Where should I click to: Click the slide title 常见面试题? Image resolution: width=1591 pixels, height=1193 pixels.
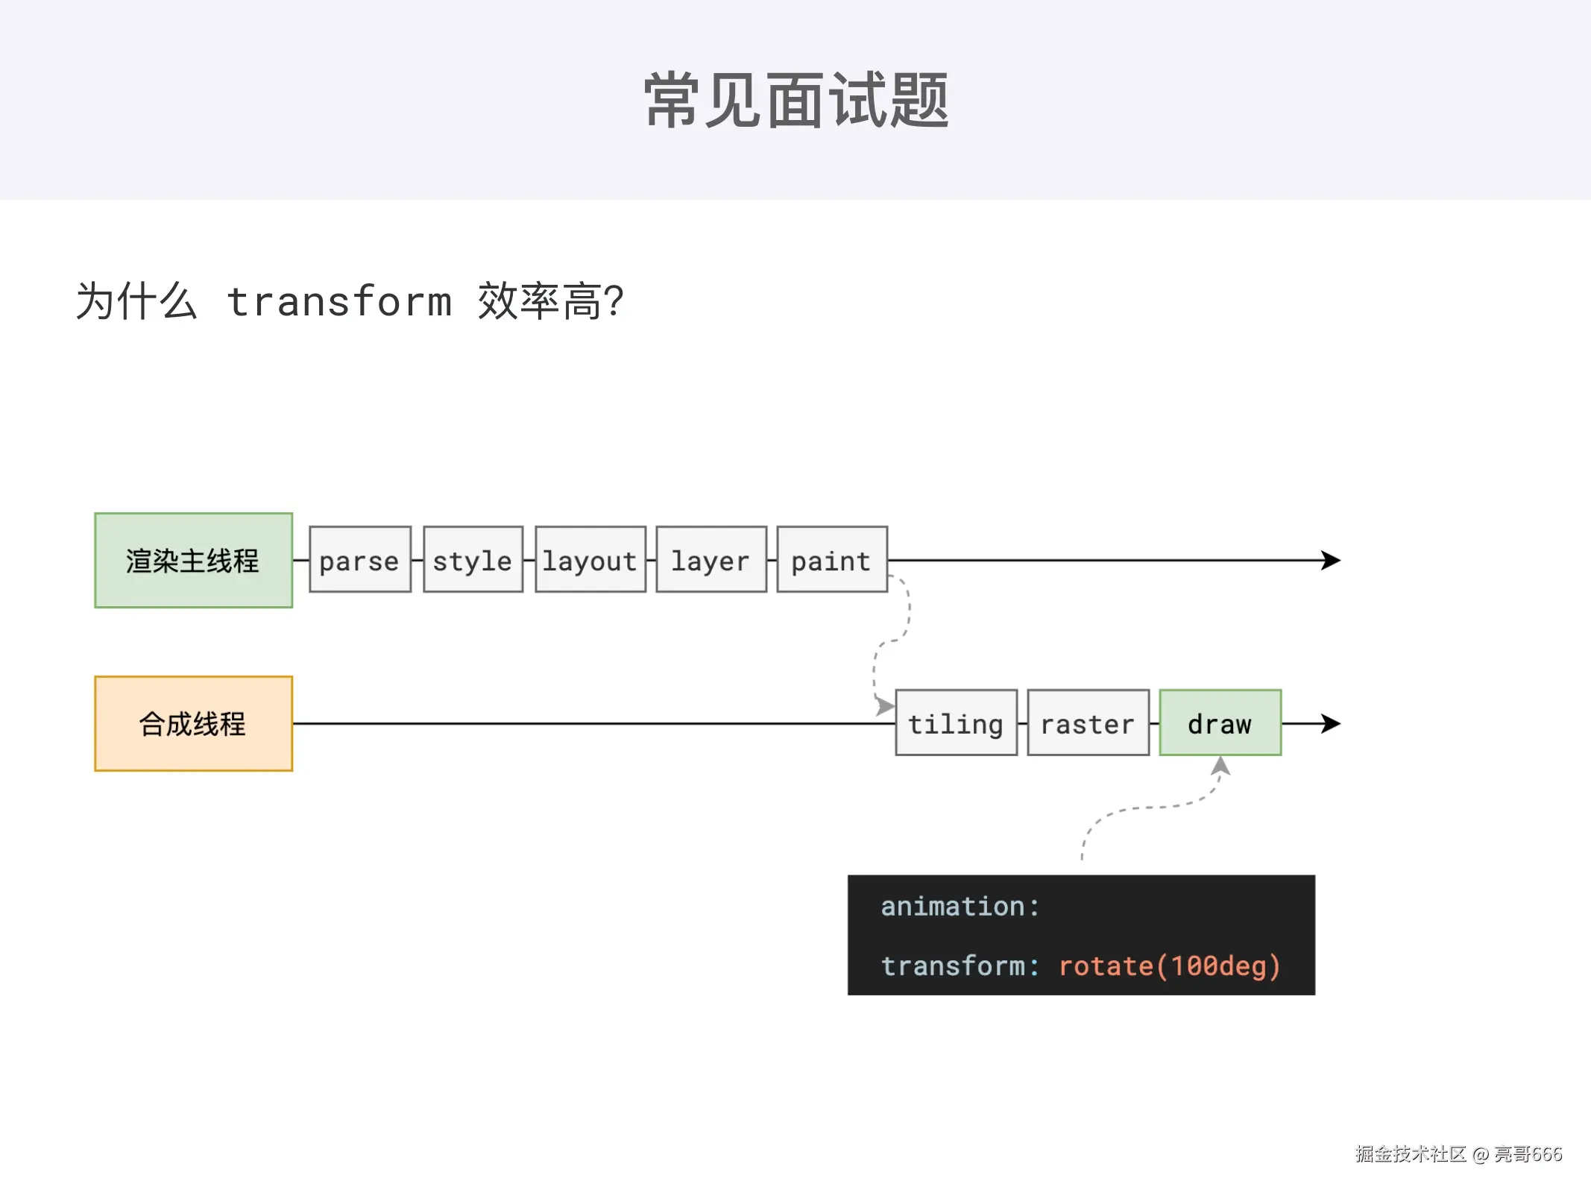click(x=796, y=101)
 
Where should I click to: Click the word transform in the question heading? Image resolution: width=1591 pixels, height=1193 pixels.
click(x=339, y=302)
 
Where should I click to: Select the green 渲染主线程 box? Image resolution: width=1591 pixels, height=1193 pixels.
click(x=193, y=560)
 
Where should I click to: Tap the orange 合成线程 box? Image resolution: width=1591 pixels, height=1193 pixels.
click(x=193, y=723)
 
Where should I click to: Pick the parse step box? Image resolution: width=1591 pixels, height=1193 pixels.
click(x=360, y=560)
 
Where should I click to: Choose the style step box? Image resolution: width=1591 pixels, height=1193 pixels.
click(x=473, y=560)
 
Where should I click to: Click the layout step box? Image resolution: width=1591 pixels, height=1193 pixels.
click(x=590, y=560)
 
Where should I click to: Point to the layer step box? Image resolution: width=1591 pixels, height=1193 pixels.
click(x=711, y=560)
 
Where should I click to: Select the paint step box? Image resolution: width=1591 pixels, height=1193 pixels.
click(x=831, y=560)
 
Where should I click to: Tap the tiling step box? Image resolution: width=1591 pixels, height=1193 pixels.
click(x=956, y=723)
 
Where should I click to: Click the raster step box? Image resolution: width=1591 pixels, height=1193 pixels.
click(x=1088, y=723)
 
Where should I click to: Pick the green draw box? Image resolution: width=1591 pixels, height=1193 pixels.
click(x=1220, y=723)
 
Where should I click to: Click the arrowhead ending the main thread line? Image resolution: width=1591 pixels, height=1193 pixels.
click(x=1331, y=560)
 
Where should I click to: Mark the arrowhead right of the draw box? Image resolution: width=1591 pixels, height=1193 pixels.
click(x=1331, y=723)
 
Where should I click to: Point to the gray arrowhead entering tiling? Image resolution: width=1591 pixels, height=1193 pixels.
click(x=885, y=706)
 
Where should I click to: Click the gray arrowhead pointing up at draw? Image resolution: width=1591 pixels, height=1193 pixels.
click(x=1220, y=766)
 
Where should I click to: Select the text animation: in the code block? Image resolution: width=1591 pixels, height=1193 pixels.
click(x=960, y=907)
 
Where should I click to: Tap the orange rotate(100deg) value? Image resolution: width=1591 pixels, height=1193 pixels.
click(x=1169, y=966)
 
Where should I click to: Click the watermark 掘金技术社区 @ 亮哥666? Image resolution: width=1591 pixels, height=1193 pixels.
click(x=1458, y=1154)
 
